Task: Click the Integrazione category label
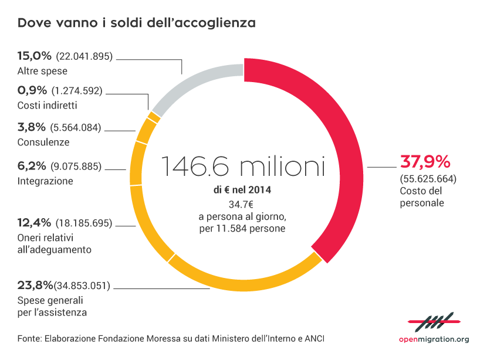(45, 181)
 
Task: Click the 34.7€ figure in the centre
(242, 204)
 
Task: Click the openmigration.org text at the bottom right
(434, 339)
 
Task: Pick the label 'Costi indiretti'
(48, 106)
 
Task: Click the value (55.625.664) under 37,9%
(428, 178)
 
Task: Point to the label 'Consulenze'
(43, 142)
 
